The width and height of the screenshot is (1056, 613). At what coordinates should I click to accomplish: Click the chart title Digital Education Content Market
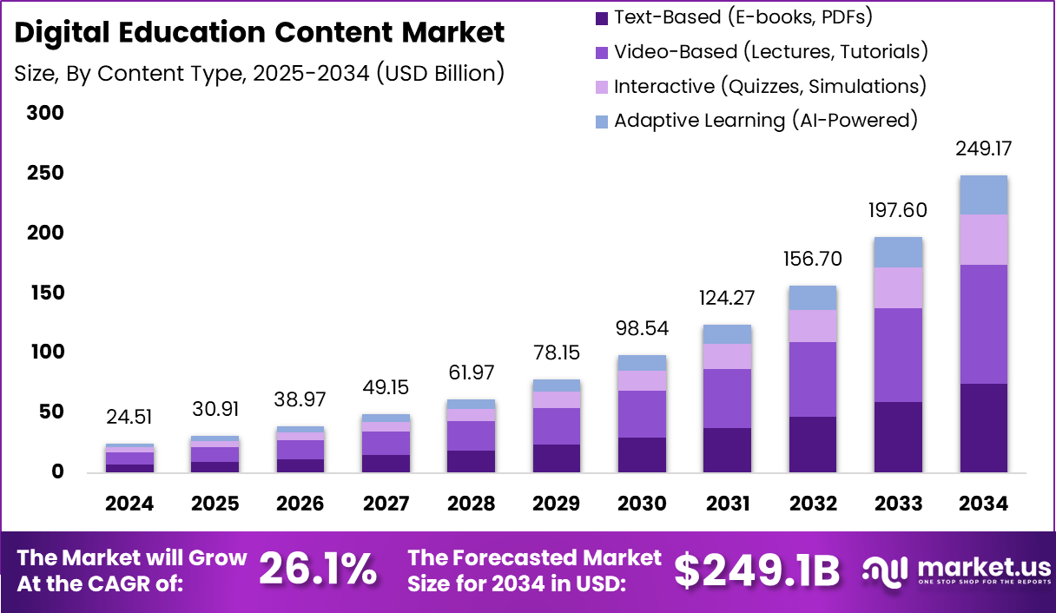(260, 33)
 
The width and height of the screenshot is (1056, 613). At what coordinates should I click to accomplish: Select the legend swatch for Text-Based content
(602, 17)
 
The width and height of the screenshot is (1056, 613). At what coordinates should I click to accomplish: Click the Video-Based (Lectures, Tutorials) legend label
(770, 52)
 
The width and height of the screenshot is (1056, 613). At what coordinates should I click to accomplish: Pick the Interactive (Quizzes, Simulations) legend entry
(769, 87)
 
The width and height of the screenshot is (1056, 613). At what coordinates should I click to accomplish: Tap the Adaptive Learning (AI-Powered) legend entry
(765, 121)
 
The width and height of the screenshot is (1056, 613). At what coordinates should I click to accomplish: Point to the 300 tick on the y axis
(45, 114)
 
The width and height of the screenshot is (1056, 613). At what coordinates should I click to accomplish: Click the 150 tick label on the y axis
(45, 293)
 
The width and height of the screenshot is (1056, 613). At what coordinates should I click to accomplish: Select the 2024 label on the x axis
(129, 504)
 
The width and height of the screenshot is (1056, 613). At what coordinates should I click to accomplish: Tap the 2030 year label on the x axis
(642, 504)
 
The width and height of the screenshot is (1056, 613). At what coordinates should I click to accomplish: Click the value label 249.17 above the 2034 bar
(983, 149)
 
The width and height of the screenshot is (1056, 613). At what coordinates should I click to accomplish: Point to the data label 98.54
(642, 330)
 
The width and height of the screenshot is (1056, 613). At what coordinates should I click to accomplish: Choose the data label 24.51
(129, 419)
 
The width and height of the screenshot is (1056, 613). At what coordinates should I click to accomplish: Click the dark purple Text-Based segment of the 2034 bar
(983, 428)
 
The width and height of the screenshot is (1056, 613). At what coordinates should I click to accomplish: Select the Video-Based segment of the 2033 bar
(898, 355)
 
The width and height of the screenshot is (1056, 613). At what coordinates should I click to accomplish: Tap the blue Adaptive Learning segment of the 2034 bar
(983, 195)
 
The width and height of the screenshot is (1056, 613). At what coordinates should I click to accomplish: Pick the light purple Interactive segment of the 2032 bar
(813, 326)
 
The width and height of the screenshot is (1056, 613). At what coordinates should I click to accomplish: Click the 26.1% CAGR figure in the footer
(318, 570)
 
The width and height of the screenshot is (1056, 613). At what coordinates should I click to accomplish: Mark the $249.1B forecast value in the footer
(757, 570)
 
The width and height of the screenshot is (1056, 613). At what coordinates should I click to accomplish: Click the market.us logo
(955, 570)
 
